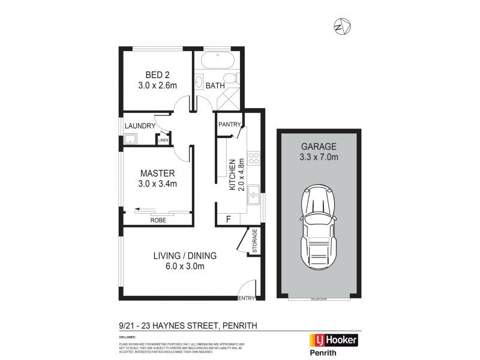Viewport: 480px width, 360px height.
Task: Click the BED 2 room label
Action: click(x=158, y=75)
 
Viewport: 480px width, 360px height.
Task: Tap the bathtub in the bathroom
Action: click(x=218, y=61)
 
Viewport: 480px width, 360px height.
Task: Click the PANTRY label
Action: click(x=229, y=125)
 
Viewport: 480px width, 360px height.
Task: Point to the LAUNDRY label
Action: click(x=139, y=125)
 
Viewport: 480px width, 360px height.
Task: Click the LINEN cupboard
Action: click(x=163, y=140)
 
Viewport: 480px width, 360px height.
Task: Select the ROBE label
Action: click(x=158, y=220)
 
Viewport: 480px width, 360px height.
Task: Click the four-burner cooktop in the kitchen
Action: click(x=254, y=158)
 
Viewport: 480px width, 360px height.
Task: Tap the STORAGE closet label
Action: click(x=254, y=241)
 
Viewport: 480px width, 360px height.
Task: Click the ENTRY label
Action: click(x=247, y=298)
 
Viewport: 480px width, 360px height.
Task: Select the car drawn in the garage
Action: click(x=319, y=228)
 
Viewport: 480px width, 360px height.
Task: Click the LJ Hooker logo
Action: click(x=333, y=340)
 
